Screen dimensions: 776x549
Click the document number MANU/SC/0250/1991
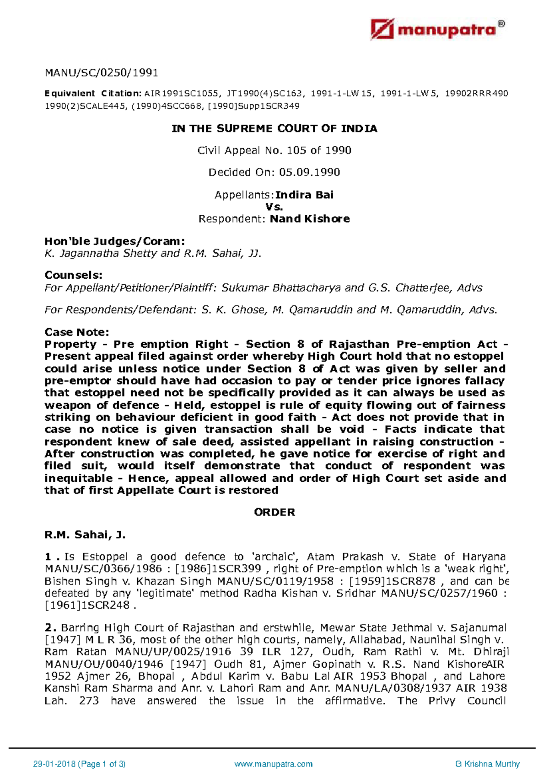pyautogui.click(x=101, y=72)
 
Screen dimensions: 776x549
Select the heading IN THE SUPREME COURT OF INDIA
pyautogui.click(x=274, y=128)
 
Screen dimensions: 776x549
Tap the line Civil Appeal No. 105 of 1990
pyautogui.click(x=274, y=150)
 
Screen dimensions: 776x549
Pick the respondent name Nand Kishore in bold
pyautogui.click(x=310, y=219)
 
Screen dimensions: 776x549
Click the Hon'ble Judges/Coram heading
pyautogui.click(x=114, y=241)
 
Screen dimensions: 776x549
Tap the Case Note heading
pyautogui.click(x=77, y=332)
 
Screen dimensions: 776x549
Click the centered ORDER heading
pyautogui.click(x=274, y=512)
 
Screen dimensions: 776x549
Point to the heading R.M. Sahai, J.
pyautogui.click(x=85, y=535)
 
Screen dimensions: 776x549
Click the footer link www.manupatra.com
pyautogui.click(x=273, y=764)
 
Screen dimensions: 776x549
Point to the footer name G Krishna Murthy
pyautogui.click(x=488, y=764)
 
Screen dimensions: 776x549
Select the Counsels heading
pyautogui.click(x=73, y=275)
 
